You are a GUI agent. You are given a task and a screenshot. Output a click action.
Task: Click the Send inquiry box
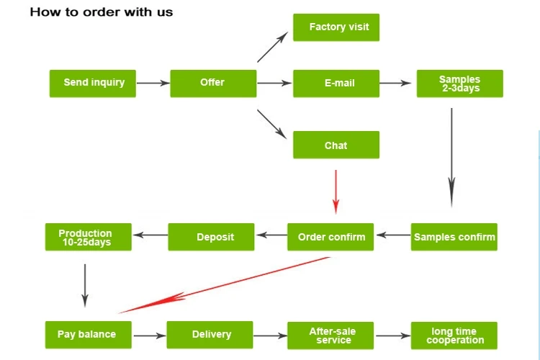(x=92, y=83)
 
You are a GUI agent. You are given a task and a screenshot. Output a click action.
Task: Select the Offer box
(x=213, y=83)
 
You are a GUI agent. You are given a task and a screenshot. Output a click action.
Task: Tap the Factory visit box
(x=336, y=27)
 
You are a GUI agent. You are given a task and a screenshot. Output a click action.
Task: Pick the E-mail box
(x=336, y=83)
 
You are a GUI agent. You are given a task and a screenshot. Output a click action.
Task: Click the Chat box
(x=336, y=145)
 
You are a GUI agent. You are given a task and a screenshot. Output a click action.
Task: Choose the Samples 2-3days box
(x=459, y=84)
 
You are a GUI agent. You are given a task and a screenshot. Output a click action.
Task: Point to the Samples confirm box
(x=454, y=237)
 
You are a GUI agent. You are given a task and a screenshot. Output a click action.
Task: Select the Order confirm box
(x=330, y=237)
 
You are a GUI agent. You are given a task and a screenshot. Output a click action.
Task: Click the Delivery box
(x=210, y=335)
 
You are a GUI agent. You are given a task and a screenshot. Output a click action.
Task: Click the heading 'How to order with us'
(x=102, y=12)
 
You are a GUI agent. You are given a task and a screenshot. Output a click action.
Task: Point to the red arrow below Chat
(x=336, y=191)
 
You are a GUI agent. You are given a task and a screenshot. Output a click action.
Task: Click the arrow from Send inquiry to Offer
(x=153, y=83)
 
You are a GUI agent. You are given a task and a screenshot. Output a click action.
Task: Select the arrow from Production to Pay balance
(x=85, y=285)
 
